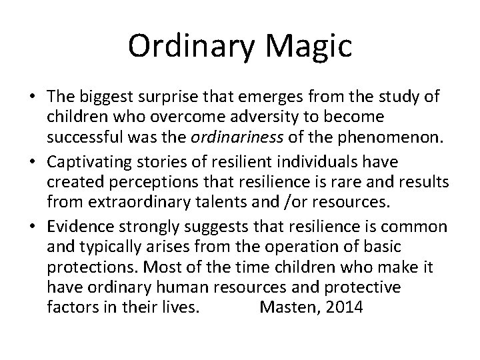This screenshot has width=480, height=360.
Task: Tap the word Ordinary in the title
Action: (x=184, y=47)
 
